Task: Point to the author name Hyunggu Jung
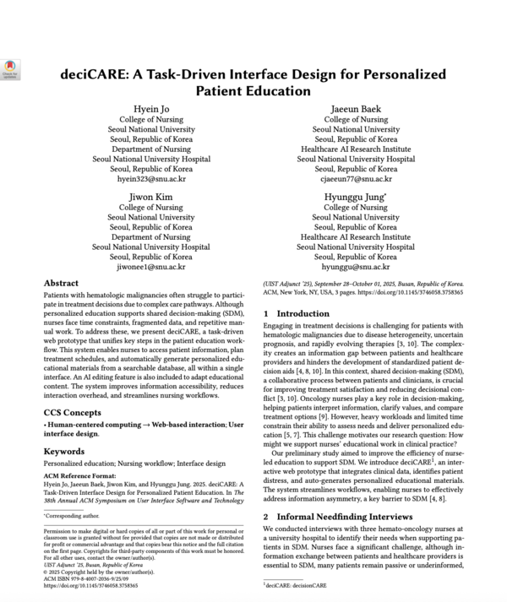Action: pos(355,195)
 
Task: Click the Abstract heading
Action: pos(65,285)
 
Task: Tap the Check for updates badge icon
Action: pos(10,68)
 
